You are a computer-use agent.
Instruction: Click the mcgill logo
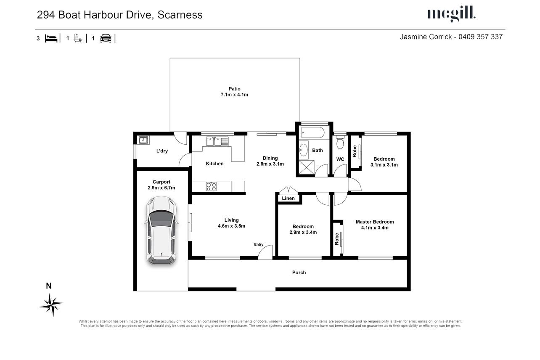(451, 14)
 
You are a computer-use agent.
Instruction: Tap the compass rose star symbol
(51, 304)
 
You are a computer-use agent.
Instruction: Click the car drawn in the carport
(161, 231)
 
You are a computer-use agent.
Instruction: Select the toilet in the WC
(340, 142)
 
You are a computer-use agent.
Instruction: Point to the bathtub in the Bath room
(312, 132)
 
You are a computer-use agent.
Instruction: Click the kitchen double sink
(217, 141)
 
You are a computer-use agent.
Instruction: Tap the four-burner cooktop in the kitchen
(211, 186)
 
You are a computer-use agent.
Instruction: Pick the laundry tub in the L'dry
(143, 140)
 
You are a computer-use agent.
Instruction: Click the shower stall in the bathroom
(307, 167)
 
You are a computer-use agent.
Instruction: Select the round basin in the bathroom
(304, 150)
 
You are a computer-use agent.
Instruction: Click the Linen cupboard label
(288, 198)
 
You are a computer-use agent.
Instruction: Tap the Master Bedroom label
(375, 222)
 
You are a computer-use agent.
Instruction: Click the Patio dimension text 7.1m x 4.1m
(234, 95)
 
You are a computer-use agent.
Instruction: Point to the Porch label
(299, 273)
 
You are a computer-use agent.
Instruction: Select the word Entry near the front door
(259, 244)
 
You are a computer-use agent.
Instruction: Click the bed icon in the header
(51, 38)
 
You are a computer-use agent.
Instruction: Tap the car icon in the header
(106, 38)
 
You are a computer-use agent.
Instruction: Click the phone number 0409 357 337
(480, 37)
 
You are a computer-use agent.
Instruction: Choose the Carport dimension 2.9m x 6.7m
(161, 188)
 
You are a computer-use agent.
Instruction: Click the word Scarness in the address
(180, 15)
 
